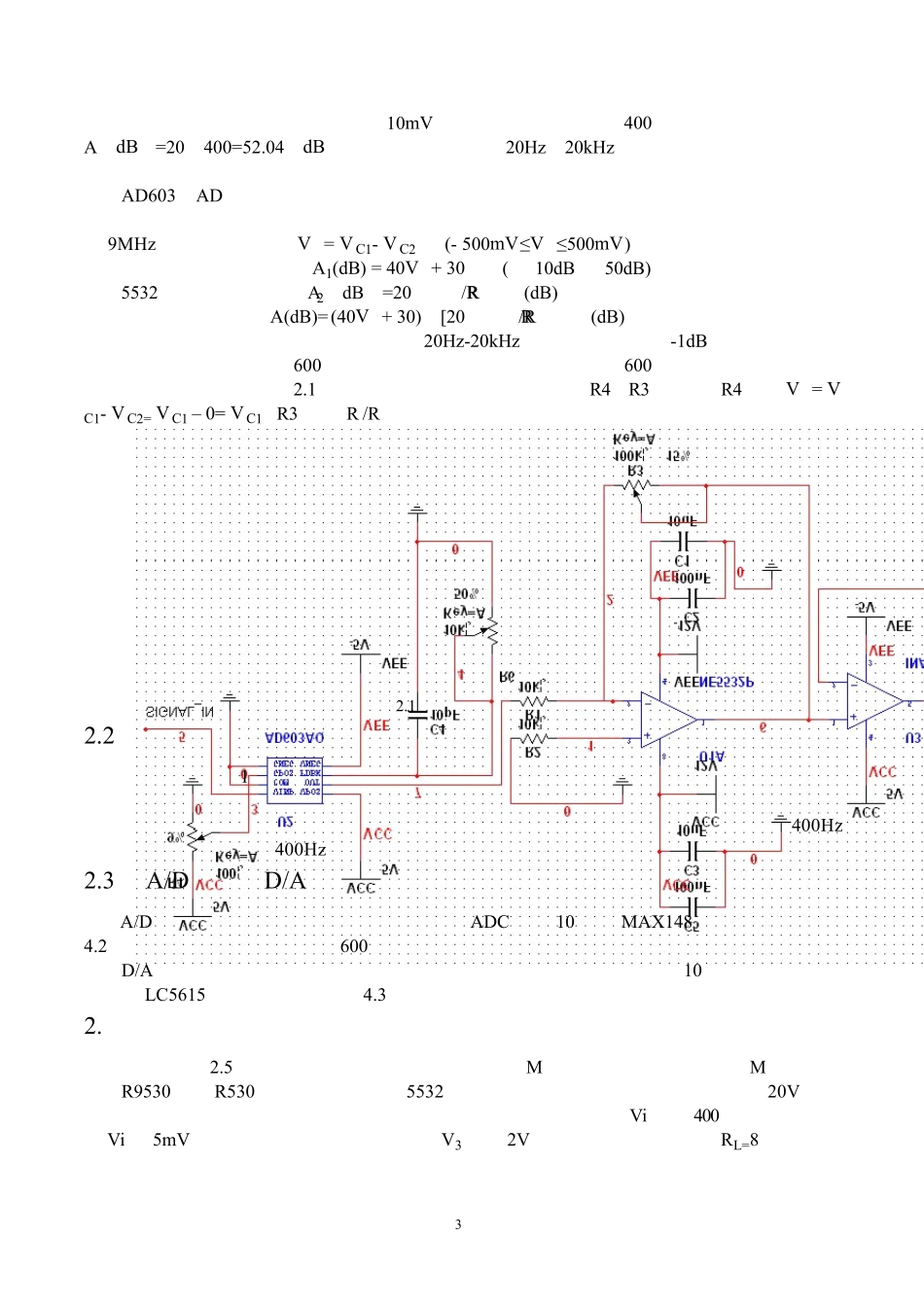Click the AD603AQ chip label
pyautogui.click(x=295, y=739)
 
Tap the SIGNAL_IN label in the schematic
pyautogui.click(x=180, y=712)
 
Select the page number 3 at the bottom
pyautogui.click(x=458, y=1224)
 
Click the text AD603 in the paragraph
pyautogui.click(x=148, y=195)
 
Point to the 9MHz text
pyautogui.click(x=131, y=244)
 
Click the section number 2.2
pyautogui.click(x=99, y=735)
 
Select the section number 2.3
pyautogui.click(x=99, y=881)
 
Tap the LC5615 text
pyautogui.click(x=175, y=995)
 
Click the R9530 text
pyautogui.click(x=146, y=1092)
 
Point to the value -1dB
pyautogui.click(x=689, y=341)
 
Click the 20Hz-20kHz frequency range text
pyautogui.click(x=472, y=341)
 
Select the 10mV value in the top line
pyautogui.click(x=409, y=124)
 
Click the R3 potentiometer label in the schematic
pyautogui.click(x=635, y=472)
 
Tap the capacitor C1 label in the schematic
pyautogui.click(x=682, y=561)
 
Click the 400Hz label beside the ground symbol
pyautogui.click(x=817, y=826)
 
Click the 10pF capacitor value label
pyautogui.click(x=444, y=715)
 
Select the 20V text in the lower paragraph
pyautogui.click(x=783, y=1092)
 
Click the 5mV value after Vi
pyautogui.click(x=171, y=1141)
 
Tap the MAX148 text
pyautogui.click(x=656, y=922)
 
